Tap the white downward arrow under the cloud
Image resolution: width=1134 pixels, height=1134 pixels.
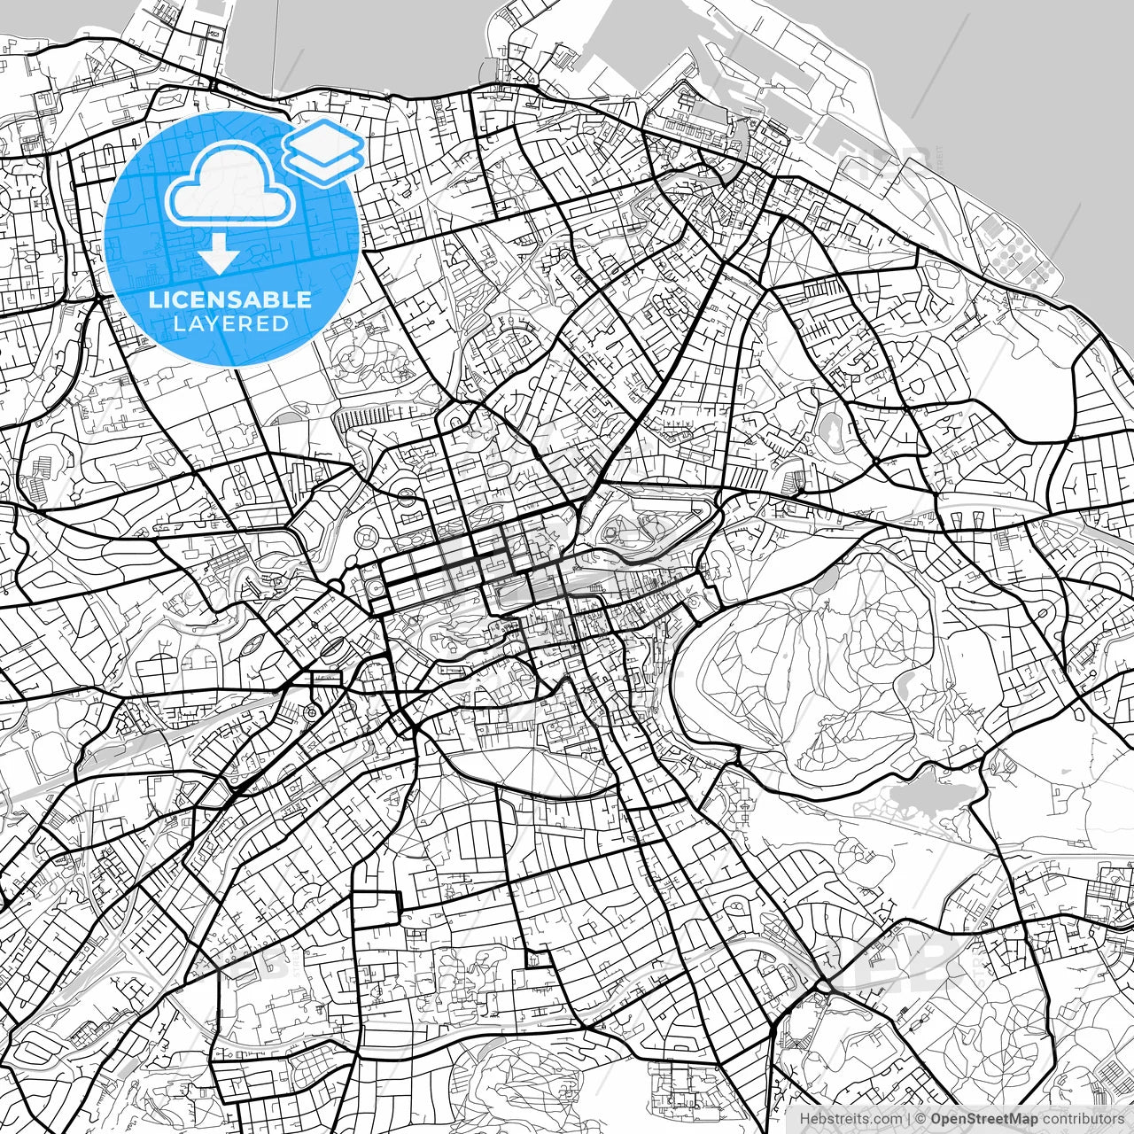pos(218,254)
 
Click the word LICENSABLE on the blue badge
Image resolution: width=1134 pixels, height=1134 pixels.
pos(230,299)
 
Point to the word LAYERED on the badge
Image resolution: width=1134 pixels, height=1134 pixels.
pos(230,324)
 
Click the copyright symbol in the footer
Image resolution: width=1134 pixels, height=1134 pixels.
pos(921,1119)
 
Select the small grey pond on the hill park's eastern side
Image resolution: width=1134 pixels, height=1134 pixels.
pos(905,683)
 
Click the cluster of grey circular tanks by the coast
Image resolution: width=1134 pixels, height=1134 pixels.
pos(1019,252)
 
